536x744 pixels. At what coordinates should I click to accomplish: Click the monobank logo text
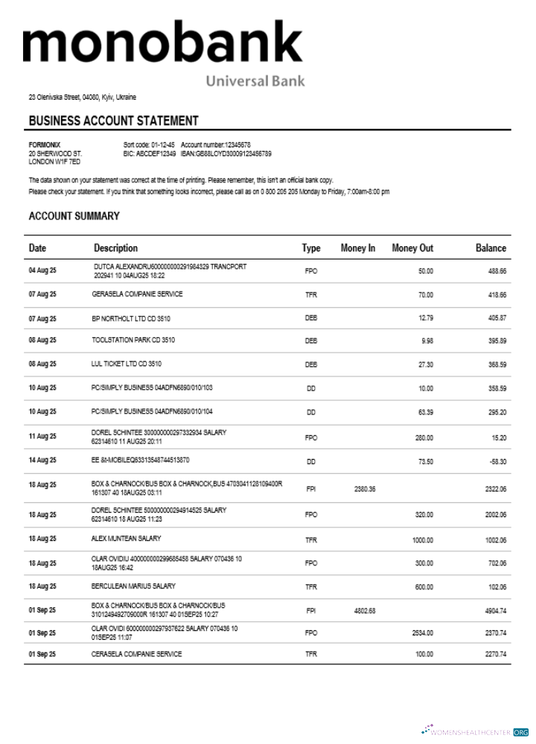coord(162,43)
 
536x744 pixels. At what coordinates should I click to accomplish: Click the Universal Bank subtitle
coord(255,80)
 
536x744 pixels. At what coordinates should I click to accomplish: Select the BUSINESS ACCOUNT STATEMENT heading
coord(113,121)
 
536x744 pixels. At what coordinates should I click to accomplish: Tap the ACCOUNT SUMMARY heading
coord(74,217)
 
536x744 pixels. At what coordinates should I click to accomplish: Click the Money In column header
coord(357,248)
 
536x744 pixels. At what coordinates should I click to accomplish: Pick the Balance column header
coord(491,248)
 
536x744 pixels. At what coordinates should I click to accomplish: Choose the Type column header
coord(310,248)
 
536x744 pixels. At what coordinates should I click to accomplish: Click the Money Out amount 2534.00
coord(422,633)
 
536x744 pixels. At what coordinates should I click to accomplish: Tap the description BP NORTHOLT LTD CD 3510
coord(131,318)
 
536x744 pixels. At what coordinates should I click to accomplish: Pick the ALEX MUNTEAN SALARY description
coord(127,538)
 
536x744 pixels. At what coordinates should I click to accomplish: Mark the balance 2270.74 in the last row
coord(495,655)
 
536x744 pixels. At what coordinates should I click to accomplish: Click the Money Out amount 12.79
coord(425,318)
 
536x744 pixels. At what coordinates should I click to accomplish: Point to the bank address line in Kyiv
coord(82,97)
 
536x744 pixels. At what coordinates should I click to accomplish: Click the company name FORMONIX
coord(45,144)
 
